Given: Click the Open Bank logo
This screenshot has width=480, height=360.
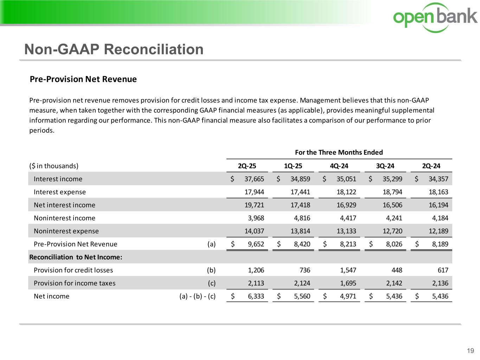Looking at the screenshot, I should point(435,17).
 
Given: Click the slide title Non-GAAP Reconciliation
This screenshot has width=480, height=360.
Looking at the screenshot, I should point(114,49).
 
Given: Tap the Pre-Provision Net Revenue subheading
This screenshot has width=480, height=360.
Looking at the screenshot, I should point(83,79).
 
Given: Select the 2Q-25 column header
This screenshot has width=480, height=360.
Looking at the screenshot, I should point(247,166).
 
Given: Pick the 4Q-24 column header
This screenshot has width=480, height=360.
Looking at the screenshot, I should point(339,166).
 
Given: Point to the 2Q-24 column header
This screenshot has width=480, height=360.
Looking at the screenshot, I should point(431,166).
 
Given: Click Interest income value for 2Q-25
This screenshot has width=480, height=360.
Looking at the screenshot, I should point(254,179).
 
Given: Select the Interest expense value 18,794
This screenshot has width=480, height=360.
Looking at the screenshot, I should point(392,192).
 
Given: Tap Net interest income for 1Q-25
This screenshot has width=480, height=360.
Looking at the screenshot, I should point(300,205).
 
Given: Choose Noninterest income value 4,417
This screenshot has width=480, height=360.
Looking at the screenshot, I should point(348,218).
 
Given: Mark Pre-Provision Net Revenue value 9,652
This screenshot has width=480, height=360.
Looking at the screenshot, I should point(256,244).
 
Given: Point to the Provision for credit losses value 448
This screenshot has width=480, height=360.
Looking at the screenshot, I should point(396,270).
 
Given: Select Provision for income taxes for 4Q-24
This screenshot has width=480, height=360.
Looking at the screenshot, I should point(348,283).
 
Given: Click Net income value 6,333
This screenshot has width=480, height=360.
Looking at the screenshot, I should point(256,296).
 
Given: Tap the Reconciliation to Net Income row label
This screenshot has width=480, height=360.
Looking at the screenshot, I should point(76,257).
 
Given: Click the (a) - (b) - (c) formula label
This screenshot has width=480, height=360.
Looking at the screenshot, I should point(197,296).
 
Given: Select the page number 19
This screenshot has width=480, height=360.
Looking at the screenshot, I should point(470,351).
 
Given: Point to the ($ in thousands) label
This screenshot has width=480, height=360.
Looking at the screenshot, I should point(54,166).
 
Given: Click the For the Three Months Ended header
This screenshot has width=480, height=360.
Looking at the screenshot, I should point(339,152).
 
